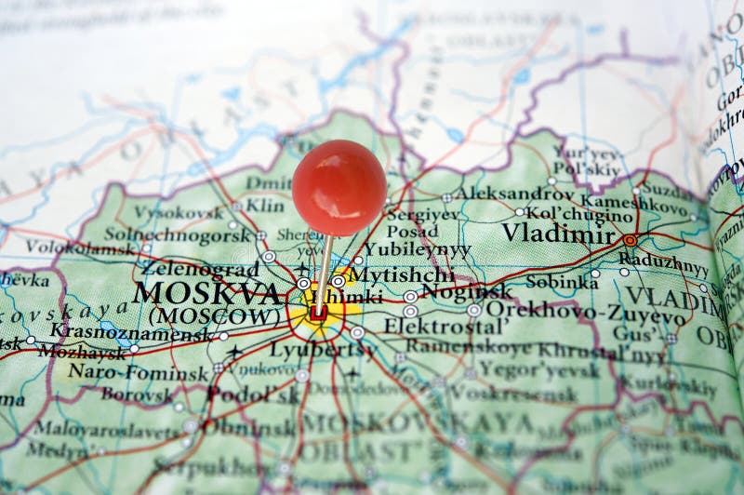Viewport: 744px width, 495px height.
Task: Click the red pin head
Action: click(x=339, y=186)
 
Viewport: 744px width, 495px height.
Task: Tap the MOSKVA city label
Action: click(x=207, y=294)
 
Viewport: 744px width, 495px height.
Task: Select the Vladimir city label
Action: click(x=558, y=233)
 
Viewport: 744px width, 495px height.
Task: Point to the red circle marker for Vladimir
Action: click(x=630, y=240)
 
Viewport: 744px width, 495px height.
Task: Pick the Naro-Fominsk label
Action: click(x=139, y=373)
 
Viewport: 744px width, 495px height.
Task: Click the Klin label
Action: click(x=265, y=205)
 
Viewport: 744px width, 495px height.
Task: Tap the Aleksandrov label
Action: click(x=513, y=194)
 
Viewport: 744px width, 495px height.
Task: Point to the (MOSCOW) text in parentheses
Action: click(x=214, y=316)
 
